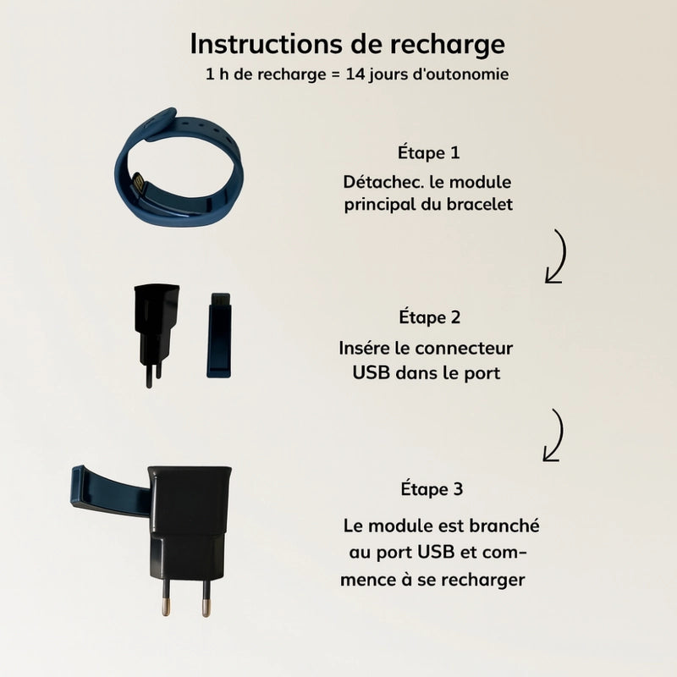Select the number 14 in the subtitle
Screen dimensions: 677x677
pos(355,74)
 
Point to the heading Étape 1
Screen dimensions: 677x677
pos(429,152)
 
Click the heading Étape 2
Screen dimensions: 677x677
pos(430,317)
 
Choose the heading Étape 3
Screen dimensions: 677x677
pos(432,489)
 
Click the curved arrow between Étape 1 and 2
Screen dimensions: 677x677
pos(559,257)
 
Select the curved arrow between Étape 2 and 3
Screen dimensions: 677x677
pos(556,436)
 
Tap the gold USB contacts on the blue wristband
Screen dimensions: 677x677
pos(139,182)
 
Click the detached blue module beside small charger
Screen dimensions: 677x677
pos(219,335)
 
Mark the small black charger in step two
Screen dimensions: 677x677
pos(156,333)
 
